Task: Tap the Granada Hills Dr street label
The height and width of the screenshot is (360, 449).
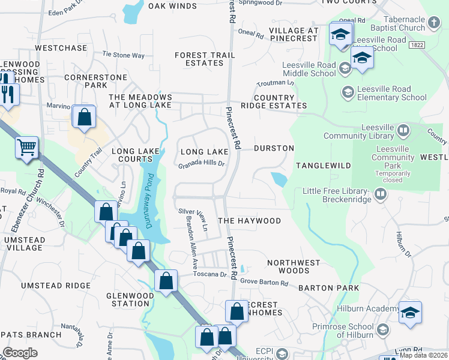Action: (201, 163)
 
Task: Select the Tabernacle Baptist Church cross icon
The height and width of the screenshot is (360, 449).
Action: (435, 23)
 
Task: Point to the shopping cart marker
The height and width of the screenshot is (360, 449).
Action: (26, 148)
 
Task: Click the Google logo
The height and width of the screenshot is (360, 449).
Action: (20, 353)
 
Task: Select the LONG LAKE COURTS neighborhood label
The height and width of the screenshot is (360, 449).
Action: (131, 155)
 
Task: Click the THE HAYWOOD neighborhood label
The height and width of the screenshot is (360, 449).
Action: (249, 221)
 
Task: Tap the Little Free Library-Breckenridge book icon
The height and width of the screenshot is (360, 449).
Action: (379, 194)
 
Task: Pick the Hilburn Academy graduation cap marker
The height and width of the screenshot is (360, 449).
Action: (410, 313)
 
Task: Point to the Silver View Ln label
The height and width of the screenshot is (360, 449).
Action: (193, 212)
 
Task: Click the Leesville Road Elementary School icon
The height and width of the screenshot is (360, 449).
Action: (348, 92)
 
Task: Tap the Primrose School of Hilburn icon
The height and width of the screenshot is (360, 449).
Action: (383, 330)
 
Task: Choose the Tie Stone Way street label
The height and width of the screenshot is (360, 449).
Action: (124, 55)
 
